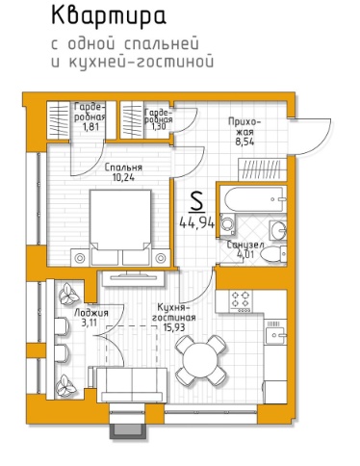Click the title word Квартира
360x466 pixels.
coord(109,16)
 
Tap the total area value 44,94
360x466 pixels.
coord(196,222)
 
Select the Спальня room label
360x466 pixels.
coord(123,168)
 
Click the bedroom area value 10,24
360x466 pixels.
coord(123,177)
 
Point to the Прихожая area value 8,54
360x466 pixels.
coord(244,142)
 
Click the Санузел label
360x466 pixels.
coord(245,245)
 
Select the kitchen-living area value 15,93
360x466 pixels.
coord(173,327)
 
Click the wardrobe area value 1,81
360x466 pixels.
coord(90,127)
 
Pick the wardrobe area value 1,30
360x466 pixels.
coord(160,126)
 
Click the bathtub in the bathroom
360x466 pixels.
coord(253,199)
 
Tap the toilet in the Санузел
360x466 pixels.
coord(273,254)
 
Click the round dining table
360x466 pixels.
coord(200,360)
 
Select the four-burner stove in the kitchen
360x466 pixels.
coord(241,301)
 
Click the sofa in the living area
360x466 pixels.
coord(132,385)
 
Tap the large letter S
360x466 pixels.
coord(196,201)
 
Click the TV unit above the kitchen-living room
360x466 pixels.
coord(134,278)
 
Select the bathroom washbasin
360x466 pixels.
coord(278,230)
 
